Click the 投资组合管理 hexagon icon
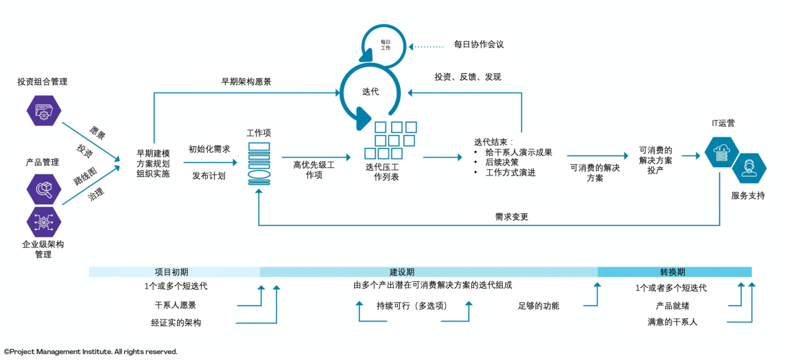pyautogui.click(x=43, y=112)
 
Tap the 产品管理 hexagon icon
pyautogui.click(x=43, y=189)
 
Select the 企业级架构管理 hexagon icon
pyautogui.click(x=43, y=221)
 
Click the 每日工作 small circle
pyautogui.click(x=386, y=45)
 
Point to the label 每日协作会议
pyautogui.click(x=479, y=45)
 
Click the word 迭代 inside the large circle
pyautogui.click(x=370, y=92)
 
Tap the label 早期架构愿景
pyautogui.click(x=246, y=82)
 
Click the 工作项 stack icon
pyautogui.click(x=259, y=163)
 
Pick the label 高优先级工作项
pyautogui.click(x=314, y=170)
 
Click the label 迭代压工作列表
pyautogui.click(x=382, y=172)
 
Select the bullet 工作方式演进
pyautogui.click(x=510, y=173)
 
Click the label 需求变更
pyautogui.click(x=512, y=217)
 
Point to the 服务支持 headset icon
pyautogui.click(x=748, y=169)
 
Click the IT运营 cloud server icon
pyautogui.click(x=721, y=153)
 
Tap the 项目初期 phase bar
pyautogui.click(x=174, y=272)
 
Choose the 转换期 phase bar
pyautogui.click(x=674, y=272)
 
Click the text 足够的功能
pyautogui.click(x=539, y=306)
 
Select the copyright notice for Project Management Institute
pyautogui.click(x=91, y=352)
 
